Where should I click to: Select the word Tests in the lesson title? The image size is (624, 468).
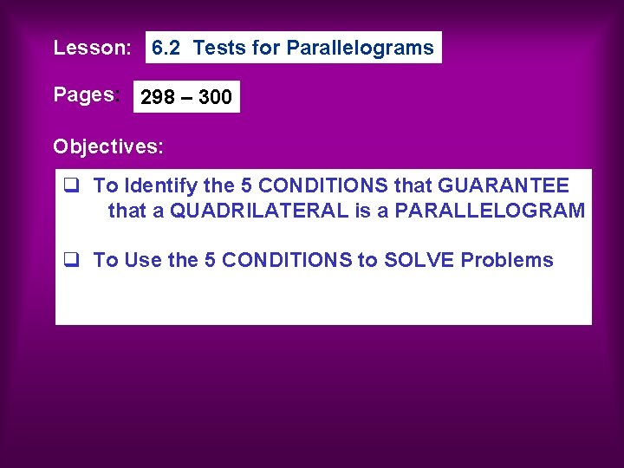click(x=219, y=49)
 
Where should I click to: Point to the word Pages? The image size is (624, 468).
click(x=83, y=94)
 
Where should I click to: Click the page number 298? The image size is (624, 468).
click(x=158, y=97)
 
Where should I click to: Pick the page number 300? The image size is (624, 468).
click(x=215, y=97)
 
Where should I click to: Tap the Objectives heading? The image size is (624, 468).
click(x=107, y=146)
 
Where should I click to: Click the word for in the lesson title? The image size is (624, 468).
click(x=266, y=49)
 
